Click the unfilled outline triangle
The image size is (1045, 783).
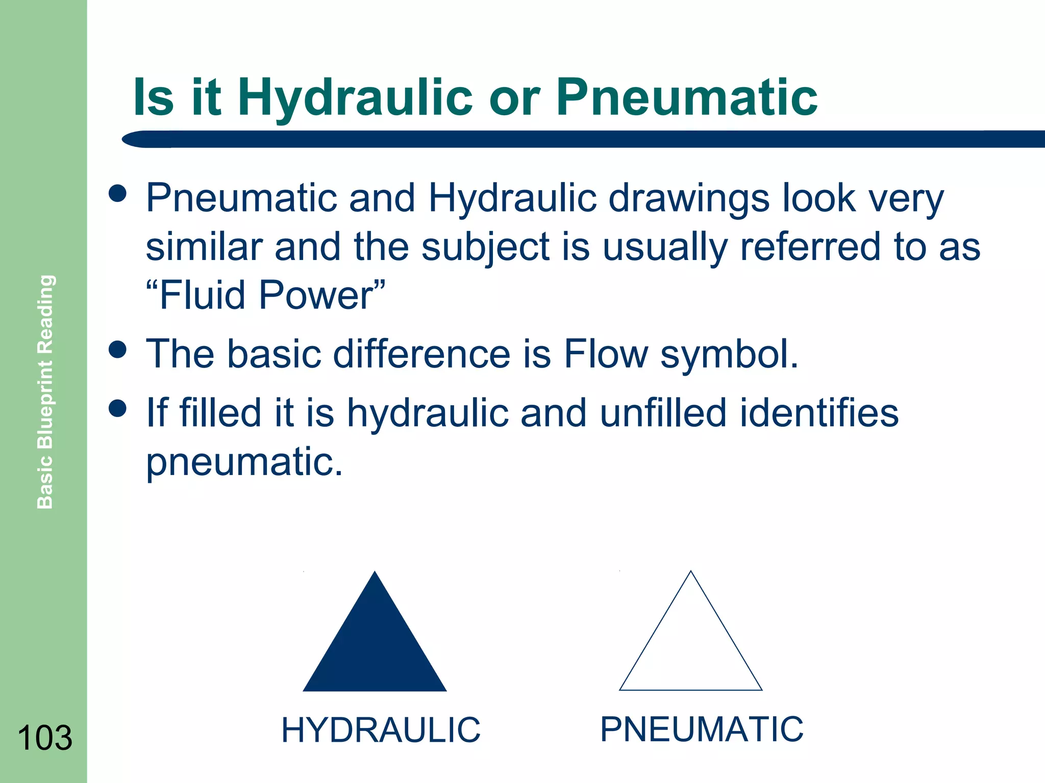point(690,647)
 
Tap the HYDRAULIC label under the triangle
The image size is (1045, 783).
point(381,730)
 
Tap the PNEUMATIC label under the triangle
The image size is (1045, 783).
point(702,729)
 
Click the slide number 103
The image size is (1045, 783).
point(44,738)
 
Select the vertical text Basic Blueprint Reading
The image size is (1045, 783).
point(45,391)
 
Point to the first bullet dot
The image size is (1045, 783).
point(118,194)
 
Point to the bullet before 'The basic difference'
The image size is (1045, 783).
point(118,350)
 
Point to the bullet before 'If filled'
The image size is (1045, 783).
point(118,408)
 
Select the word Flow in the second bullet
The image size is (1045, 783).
point(606,353)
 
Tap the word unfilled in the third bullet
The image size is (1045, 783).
point(663,412)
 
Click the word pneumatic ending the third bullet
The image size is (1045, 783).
point(244,462)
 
